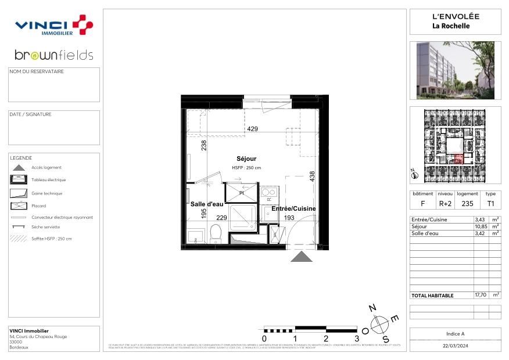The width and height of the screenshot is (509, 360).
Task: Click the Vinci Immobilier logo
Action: [x=53, y=25]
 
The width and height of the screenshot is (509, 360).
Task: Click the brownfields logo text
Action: [x=53, y=55]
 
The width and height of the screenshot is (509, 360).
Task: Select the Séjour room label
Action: [x=246, y=159]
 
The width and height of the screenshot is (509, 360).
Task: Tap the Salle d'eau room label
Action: [x=206, y=204]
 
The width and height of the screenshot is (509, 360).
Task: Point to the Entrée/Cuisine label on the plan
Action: [x=293, y=208]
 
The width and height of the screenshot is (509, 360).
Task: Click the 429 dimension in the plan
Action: [x=252, y=129]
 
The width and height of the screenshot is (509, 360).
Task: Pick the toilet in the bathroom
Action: [x=215, y=233]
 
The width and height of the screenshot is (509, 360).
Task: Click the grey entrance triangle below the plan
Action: [x=301, y=257]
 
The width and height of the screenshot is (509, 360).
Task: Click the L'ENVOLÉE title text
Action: [x=455, y=16]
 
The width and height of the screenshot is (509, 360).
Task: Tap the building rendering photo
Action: [x=455, y=70]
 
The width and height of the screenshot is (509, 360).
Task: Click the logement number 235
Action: [x=467, y=204]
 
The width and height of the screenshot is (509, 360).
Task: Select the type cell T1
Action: [x=490, y=204]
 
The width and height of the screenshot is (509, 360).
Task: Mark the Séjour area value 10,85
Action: [x=481, y=226]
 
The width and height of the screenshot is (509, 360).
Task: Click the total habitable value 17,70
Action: [x=481, y=295]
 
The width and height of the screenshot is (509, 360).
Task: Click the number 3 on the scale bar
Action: [x=356, y=338]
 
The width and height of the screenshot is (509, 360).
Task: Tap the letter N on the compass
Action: [x=374, y=308]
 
